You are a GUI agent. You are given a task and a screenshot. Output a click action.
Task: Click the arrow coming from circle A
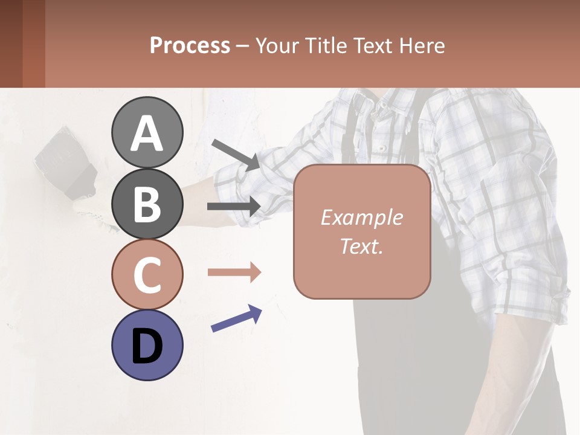tap(236, 154)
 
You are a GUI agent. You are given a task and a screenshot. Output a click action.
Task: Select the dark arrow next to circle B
tap(234, 206)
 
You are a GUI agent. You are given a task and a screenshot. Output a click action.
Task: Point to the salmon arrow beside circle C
tap(234, 272)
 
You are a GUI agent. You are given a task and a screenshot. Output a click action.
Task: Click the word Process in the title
tap(190, 45)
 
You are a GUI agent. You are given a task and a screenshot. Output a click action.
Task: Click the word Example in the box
tap(361, 217)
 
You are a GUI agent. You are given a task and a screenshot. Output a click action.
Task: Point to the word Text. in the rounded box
tap(361, 246)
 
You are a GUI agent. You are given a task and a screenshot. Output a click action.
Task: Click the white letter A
tap(147, 134)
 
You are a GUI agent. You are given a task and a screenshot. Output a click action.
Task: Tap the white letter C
tap(147, 275)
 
